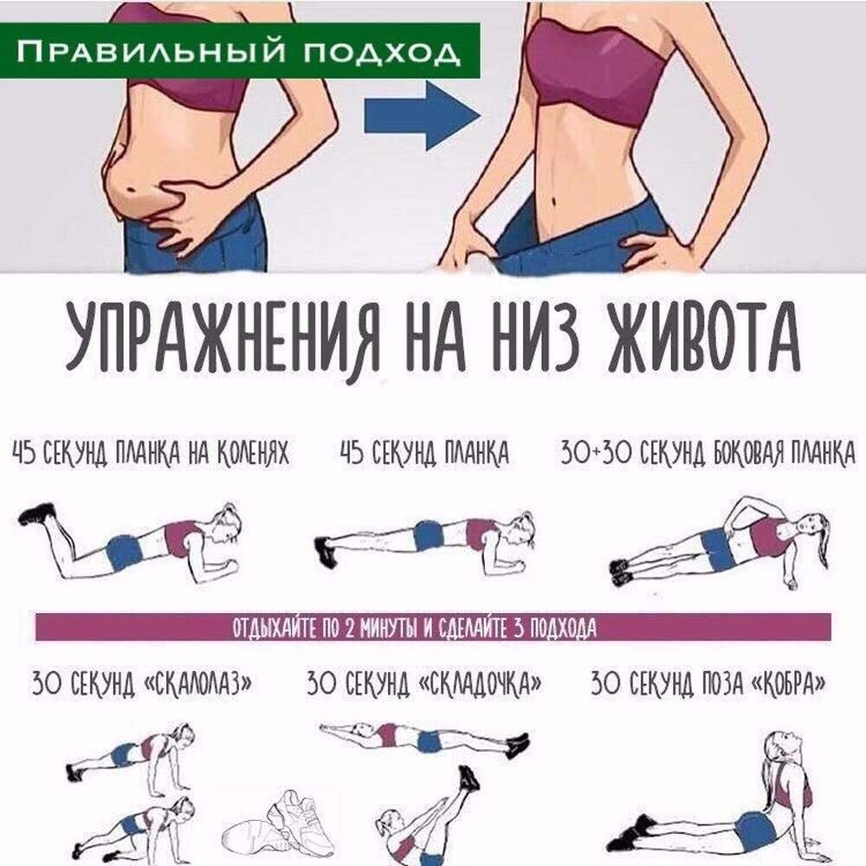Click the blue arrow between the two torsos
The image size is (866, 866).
[421, 115]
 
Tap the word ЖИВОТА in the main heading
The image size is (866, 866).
[703, 338]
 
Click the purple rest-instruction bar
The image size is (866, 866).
[433, 627]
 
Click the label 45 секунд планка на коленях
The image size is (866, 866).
[150, 454]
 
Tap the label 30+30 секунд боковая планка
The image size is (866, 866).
[708, 454]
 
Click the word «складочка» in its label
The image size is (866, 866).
[480, 683]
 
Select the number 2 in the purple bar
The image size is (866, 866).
[349, 628]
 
